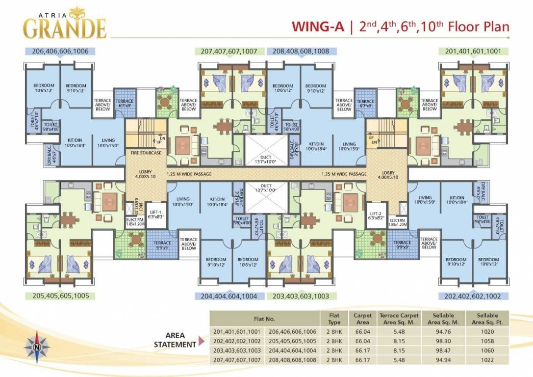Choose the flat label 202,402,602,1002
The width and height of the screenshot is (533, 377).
473,296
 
